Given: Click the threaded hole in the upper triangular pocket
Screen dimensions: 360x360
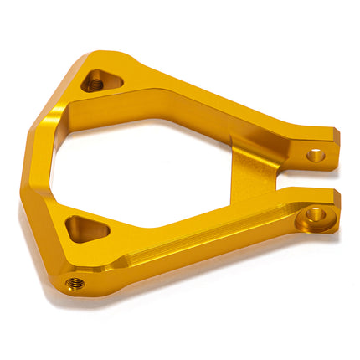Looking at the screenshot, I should (x=95, y=82).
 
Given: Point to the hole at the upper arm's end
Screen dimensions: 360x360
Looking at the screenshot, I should (x=315, y=155).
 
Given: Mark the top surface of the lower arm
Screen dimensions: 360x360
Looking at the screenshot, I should (x=209, y=226).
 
